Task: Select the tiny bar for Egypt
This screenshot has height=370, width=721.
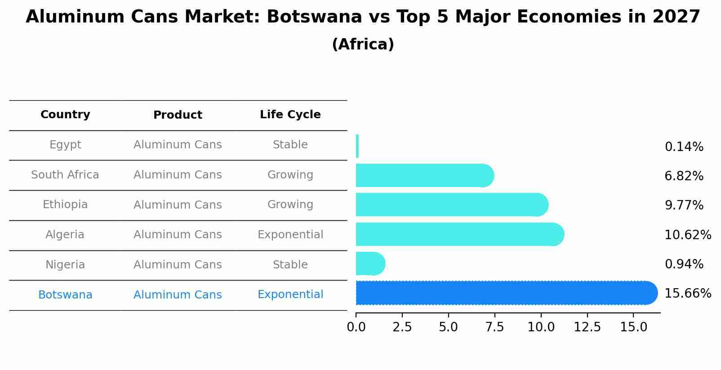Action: tap(357, 146)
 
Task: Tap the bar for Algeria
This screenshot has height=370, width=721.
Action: tap(458, 234)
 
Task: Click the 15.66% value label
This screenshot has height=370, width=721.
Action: tap(687, 294)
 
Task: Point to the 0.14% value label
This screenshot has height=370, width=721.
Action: tap(684, 147)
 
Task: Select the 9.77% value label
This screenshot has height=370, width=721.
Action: tap(684, 205)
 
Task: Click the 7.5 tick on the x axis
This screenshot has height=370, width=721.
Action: tap(494, 327)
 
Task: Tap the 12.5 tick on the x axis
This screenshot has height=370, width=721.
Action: tap(587, 327)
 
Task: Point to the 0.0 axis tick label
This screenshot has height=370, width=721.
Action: tap(356, 327)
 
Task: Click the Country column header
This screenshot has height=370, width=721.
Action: tap(65, 115)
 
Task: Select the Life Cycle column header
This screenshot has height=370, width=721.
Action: tap(290, 115)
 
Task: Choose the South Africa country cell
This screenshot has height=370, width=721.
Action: tap(65, 175)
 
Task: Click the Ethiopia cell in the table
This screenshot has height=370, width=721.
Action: tap(65, 205)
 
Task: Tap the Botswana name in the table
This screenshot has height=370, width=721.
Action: tap(65, 295)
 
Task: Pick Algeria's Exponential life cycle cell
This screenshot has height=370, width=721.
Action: tap(290, 235)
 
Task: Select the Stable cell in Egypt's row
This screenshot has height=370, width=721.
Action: tap(290, 145)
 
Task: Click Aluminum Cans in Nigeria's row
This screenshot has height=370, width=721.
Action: tap(178, 265)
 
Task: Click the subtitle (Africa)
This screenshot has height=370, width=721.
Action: tap(363, 45)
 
